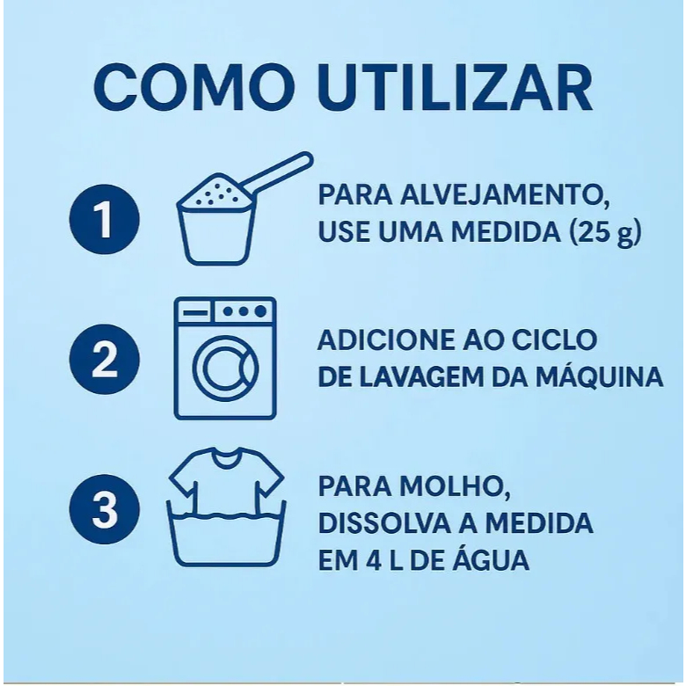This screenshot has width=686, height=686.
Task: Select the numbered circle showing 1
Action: [x=105, y=219]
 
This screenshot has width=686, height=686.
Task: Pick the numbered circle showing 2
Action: [x=105, y=359]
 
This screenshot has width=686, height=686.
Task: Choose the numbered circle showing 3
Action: [x=105, y=509]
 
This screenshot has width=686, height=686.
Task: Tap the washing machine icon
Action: [x=225, y=358]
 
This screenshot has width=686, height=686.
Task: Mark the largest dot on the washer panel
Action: [x=260, y=311]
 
